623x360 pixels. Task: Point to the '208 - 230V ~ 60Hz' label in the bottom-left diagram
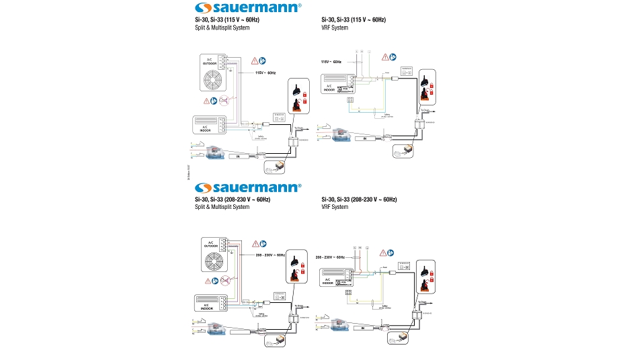(x=269, y=255)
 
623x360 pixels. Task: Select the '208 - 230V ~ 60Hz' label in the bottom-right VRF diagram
(x=329, y=257)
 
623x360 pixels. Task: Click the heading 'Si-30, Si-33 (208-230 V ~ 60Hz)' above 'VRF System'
(x=359, y=200)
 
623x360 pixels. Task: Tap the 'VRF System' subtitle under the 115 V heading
(x=335, y=28)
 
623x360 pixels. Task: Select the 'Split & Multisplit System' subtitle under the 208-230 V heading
(x=218, y=207)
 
